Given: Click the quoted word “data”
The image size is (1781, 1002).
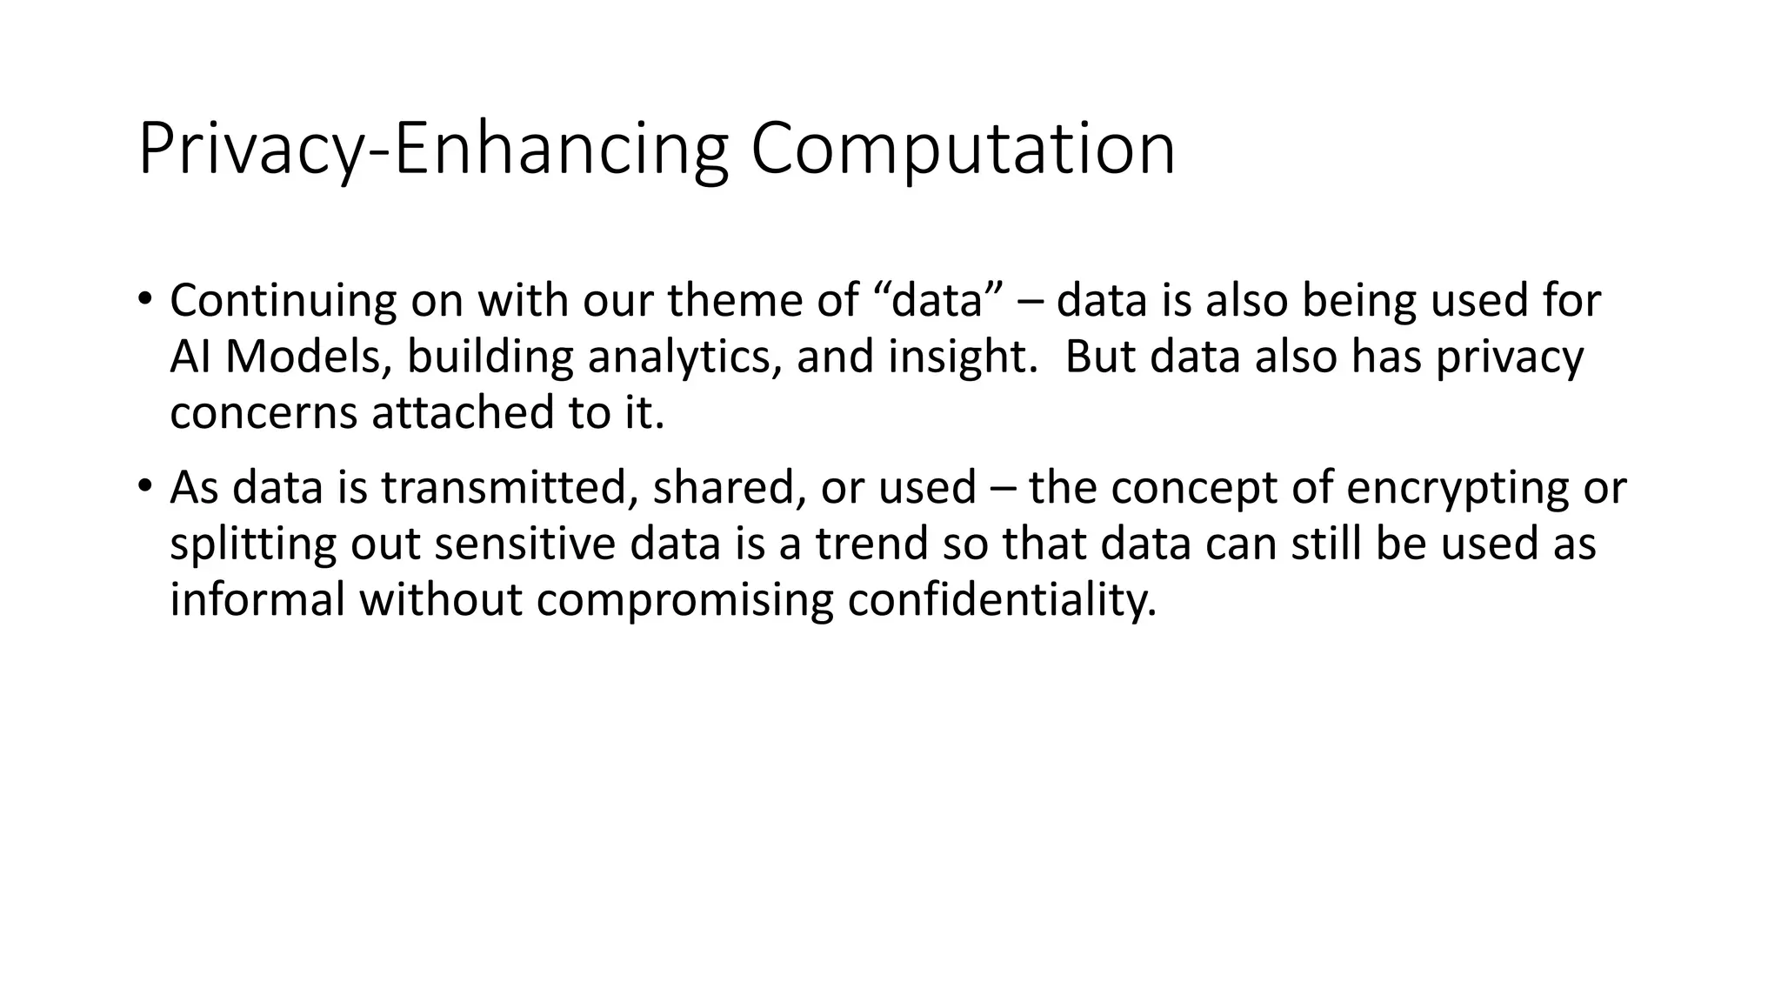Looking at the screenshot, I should pyautogui.click(x=935, y=301).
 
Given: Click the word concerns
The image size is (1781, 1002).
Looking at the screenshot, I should pyautogui.click(x=263, y=412).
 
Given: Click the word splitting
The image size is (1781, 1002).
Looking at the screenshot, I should pyautogui.click(x=252, y=544).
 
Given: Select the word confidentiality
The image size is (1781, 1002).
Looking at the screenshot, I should pyautogui.click(x=1002, y=599).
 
